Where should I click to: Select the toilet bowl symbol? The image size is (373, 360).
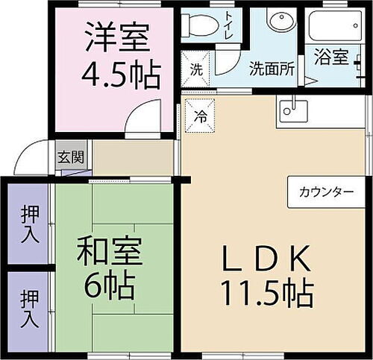(x=198, y=25)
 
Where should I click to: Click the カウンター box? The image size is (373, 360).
(x=327, y=192)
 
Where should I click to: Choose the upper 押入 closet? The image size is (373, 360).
(x=28, y=221)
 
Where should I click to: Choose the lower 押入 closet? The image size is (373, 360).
(x=28, y=309)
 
